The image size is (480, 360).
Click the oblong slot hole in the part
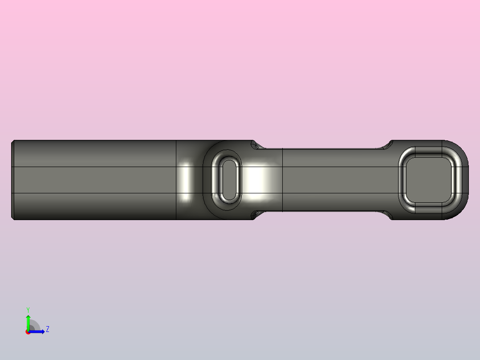[230, 180]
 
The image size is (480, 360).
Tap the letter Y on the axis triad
[28, 309]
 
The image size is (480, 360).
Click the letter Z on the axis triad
[47, 329]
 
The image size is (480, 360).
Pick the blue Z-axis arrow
[38, 331]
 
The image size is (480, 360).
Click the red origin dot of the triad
[28, 332]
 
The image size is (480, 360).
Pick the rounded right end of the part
[463, 180]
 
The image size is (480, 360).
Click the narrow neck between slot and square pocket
[334, 180]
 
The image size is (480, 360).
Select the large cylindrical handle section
[94, 180]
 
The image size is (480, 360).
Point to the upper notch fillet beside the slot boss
[255, 145]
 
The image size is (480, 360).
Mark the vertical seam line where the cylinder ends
[176, 180]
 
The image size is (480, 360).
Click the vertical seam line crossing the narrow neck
[283, 180]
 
